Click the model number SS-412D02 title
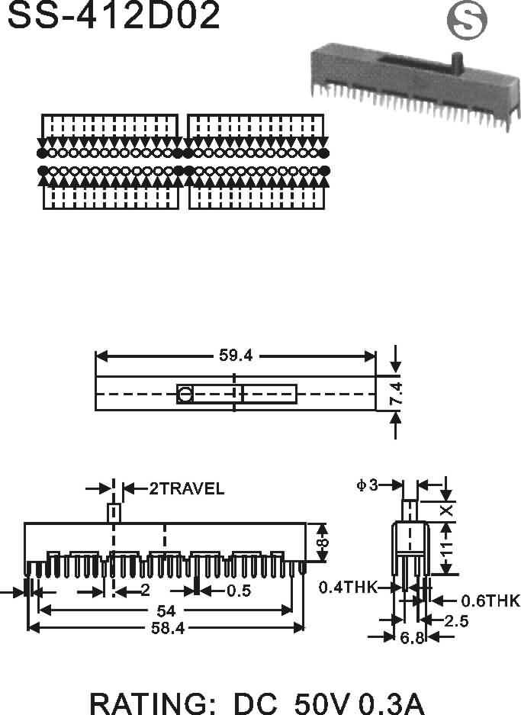tap(114, 16)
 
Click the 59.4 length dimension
tap(236, 356)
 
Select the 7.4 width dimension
tap(396, 394)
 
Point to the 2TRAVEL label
tap(186, 488)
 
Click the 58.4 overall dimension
tap(166, 628)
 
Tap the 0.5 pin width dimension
tap(238, 591)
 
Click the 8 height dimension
tap(323, 542)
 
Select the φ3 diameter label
tap(367, 485)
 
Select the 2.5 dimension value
tap(457, 621)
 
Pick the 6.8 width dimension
tap(411, 638)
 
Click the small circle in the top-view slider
tap(185, 395)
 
